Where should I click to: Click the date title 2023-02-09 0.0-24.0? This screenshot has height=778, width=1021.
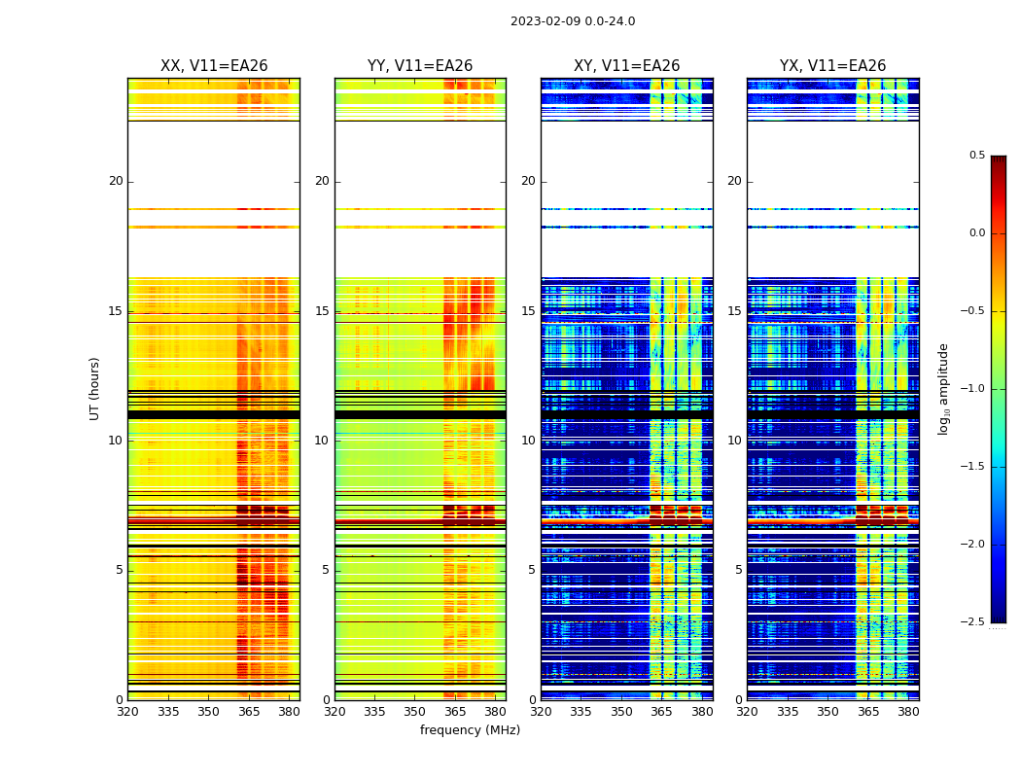(573, 21)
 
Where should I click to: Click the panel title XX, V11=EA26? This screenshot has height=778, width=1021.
(214, 66)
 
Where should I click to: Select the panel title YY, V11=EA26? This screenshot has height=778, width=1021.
(420, 66)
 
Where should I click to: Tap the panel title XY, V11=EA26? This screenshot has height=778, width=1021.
(626, 66)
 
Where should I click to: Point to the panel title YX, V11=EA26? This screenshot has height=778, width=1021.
(832, 66)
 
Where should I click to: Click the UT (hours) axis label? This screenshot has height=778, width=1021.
(95, 388)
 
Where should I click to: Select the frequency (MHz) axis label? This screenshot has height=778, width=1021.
(470, 730)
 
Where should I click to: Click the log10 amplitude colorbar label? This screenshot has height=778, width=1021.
(943, 388)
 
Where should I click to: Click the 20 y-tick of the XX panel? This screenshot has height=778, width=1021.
(116, 181)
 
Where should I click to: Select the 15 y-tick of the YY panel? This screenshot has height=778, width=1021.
(322, 311)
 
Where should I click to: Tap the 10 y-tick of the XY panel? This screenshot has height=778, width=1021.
(528, 441)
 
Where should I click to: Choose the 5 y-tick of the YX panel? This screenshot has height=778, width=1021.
(738, 570)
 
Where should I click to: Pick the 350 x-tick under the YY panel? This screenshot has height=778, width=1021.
(415, 711)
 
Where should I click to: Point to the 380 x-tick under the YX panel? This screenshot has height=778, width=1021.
(908, 711)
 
